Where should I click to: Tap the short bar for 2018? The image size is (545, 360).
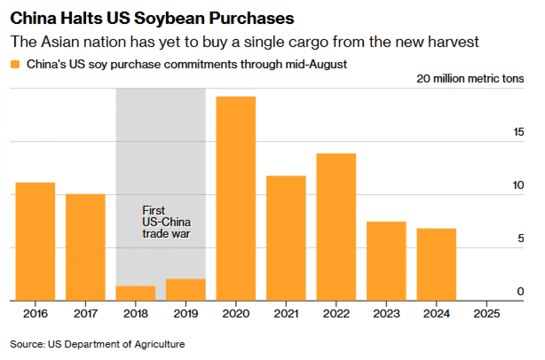point(136,293)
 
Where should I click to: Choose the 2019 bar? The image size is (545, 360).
point(186,290)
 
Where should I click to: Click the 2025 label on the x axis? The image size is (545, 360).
point(487,314)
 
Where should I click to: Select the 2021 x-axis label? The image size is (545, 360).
point(286,314)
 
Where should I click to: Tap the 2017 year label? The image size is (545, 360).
point(86,314)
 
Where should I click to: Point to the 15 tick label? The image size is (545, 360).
point(518,132)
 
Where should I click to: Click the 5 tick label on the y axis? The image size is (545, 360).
point(520,239)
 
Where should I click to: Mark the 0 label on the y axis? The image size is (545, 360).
point(520,292)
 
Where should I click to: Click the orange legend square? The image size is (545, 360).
point(15,65)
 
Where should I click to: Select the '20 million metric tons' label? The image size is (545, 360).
point(470,79)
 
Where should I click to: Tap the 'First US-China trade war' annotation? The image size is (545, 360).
point(166,222)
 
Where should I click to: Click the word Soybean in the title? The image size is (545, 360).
point(169,19)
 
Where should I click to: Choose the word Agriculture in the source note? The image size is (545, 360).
point(160,344)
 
